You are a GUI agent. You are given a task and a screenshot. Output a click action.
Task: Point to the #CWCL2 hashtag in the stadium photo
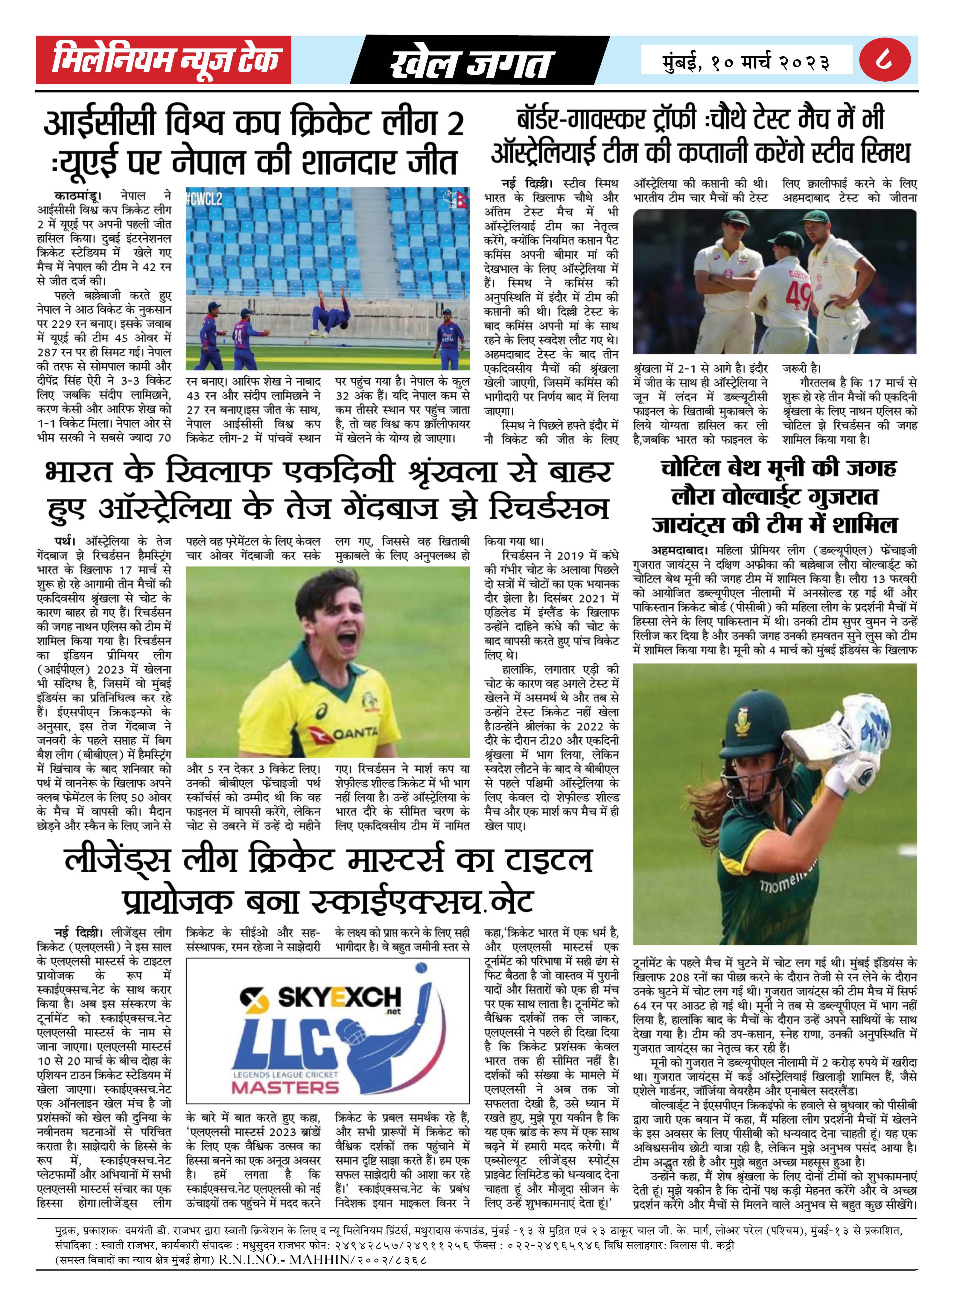(x=204, y=199)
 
